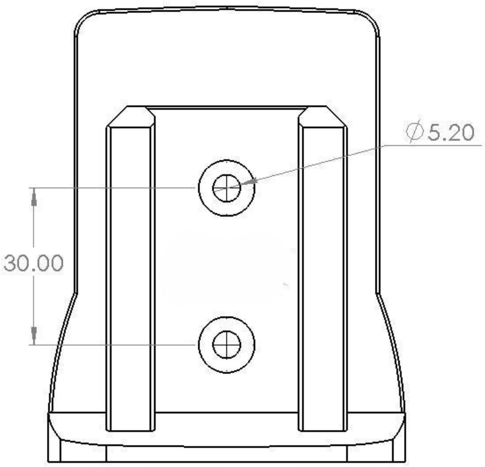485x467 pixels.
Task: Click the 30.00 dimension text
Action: tap(34, 263)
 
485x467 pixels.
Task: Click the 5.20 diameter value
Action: tap(451, 133)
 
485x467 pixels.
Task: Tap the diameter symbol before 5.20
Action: tap(415, 132)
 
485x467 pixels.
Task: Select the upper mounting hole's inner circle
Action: tap(226, 188)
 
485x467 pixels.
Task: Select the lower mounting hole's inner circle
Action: tap(226, 345)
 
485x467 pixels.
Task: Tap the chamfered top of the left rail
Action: tap(131, 116)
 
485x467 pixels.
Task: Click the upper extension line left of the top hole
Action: tap(112, 188)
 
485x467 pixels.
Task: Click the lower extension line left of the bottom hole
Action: tap(112, 345)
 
